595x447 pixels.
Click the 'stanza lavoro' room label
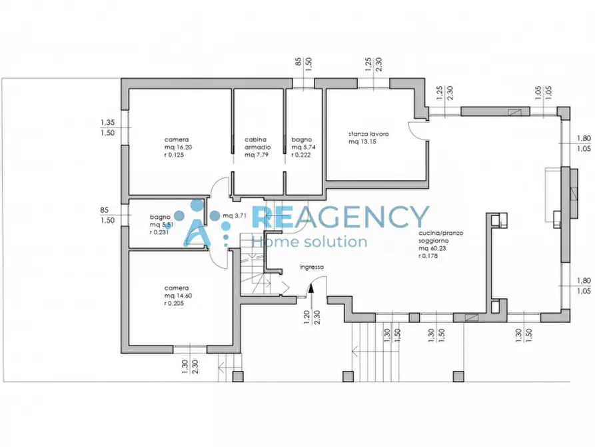click(368, 134)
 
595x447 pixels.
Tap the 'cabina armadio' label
click(258, 143)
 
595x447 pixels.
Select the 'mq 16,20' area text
click(178, 147)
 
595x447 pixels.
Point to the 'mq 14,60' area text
click(178, 296)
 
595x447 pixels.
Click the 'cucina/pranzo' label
click(441, 233)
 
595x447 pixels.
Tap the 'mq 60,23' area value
click(432, 248)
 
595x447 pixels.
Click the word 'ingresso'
click(312, 267)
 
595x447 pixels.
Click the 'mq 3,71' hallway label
click(235, 215)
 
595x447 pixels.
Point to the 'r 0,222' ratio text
click(301, 155)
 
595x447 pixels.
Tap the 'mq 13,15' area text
click(362, 142)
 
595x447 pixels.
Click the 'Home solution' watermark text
click(310, 242)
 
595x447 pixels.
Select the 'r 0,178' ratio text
click(428, 256)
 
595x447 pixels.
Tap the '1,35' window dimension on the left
click(107, 122)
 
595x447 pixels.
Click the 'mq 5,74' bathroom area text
click(303, 147)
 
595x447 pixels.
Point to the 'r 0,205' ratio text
click(174, 304)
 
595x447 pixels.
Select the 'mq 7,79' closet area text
click(257, 155)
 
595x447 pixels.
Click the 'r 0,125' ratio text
click(174, 155)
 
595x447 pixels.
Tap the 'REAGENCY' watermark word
click(340, 217)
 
